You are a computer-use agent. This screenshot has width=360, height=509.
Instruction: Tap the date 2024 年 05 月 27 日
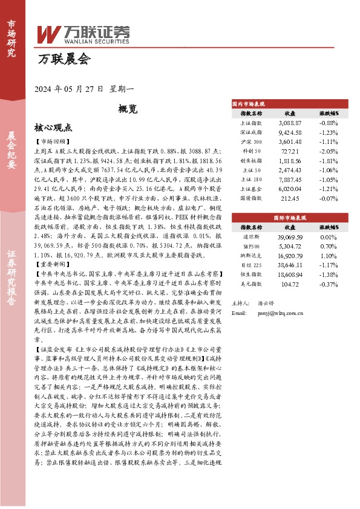pyautogui.click(x=70, y=89)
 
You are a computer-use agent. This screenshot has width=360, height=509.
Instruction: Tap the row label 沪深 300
pyautogui.click(x=251, y=141)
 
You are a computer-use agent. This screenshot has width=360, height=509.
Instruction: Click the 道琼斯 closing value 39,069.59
pyautogui.click(x=290, y=237)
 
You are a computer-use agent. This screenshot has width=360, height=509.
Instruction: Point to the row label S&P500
pyautogui.click(x=251, y=247)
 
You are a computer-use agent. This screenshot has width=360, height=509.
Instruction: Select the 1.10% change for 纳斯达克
pyautogui.click(x=329, y=256)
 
